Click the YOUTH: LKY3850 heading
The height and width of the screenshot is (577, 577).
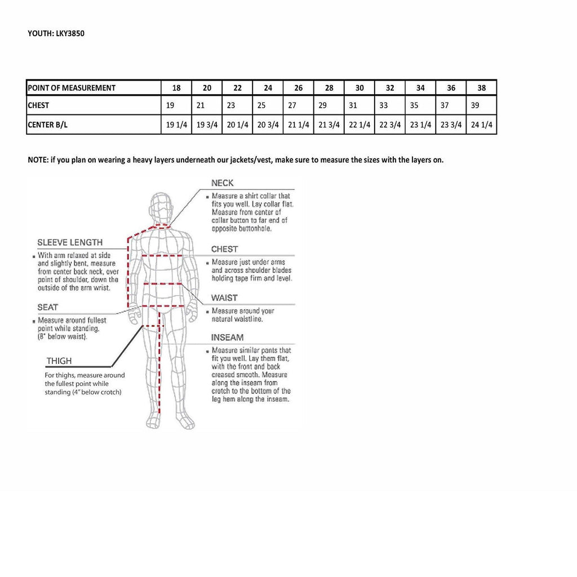(x=56, y=33)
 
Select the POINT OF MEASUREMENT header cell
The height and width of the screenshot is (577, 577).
(x=72, y=88)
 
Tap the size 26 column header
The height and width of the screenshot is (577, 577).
(x=299, y=88)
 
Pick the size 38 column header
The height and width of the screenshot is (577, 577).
(x=481, y=88)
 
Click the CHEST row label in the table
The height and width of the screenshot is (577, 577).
(x=38, y=105)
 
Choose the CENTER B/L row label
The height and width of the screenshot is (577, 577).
(x=48, y=125)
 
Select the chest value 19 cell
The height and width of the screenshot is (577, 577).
(x=171, y=105)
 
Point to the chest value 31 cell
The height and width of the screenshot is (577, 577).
(x=353, y=105)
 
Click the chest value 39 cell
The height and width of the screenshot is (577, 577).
(x=474, y=105)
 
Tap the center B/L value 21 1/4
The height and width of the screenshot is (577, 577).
(x=299, y=125)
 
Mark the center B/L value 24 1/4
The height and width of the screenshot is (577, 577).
(x=482, y=125)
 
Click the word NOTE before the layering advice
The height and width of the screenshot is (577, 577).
(x=38, y=159)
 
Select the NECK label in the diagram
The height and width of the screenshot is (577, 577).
(x=222, y=183)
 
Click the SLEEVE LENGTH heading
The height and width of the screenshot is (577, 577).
(x=70, y=242)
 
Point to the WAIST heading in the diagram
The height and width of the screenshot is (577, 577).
(x=224, y=298)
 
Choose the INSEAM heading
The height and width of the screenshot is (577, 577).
(x=227, y=338)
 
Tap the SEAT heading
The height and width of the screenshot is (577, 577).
(x=48, y=307)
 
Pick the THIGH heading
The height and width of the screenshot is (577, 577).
(x=59, y=361)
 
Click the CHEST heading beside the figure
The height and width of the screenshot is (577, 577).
(x=224, y=249)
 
